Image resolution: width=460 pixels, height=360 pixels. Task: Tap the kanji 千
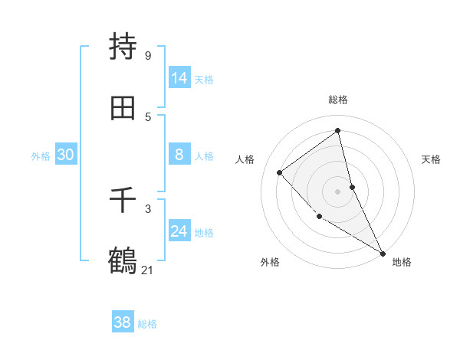click(x=123, y=200)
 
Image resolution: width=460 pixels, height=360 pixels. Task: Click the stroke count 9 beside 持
click(x=147, y=56)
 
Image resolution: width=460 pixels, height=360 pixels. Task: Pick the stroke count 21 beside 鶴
click(x=148, y=270)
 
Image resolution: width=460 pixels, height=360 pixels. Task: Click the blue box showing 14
click(x=179, y=78)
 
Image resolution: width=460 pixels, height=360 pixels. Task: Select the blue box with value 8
click(x=179, y=155)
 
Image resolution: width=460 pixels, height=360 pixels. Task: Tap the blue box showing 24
click(x=179, y=231)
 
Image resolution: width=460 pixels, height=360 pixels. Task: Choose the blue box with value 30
click(x=66, y=155)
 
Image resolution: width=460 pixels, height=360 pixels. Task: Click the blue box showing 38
click(x=123, y=322)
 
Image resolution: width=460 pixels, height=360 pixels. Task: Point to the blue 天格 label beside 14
click(x=204, y=80)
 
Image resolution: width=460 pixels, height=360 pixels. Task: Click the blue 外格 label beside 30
click(x=41, y=156)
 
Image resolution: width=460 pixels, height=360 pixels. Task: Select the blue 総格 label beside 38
click(x=147, y=324)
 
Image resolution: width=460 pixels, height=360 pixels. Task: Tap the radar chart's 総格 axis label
click(x=338, y=100)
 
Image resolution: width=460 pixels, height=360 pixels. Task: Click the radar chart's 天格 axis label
click(x=432, y=159)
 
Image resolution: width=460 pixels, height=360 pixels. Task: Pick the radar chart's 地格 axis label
click(x=402, y=262)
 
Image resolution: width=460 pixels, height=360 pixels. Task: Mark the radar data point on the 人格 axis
click(x=280, y=172)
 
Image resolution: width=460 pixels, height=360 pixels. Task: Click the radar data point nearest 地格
click(x=383, y=253)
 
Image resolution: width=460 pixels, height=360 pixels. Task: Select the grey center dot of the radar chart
click(x=338, y=191)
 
